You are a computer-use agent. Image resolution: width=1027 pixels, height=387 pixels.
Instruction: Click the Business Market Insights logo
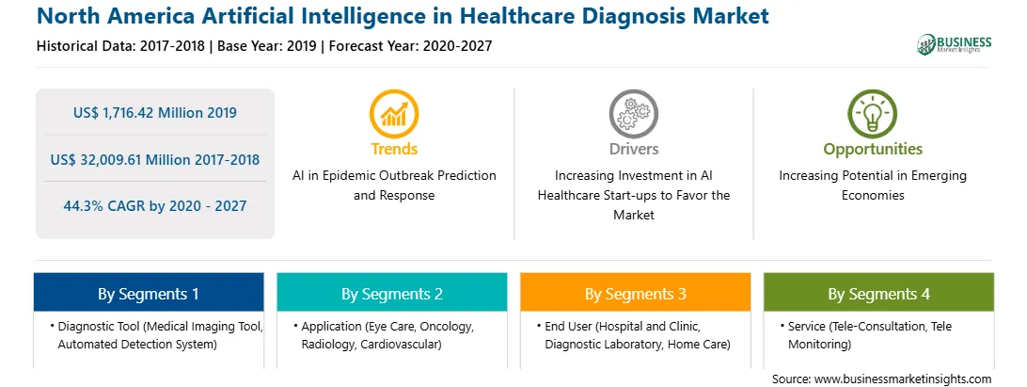[x=954, y=44]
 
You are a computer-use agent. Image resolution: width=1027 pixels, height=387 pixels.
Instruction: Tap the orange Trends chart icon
[x=394, y=114]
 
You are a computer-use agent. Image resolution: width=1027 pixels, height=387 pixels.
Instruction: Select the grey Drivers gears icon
[x=633, y=114]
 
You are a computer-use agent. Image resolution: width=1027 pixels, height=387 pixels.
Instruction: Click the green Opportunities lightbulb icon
[x=873, y=114]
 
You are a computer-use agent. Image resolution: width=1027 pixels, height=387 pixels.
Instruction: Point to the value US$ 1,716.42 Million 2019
[x=155, y=113]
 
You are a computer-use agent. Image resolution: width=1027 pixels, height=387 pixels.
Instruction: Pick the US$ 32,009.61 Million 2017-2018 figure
[x=155, y=159]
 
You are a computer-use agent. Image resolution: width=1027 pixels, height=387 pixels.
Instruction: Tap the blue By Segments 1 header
[x=149, y=293]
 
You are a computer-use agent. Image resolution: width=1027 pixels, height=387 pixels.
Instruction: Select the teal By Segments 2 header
[x=391, y=293]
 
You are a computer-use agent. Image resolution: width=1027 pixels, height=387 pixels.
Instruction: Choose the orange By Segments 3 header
[x=636, y=293]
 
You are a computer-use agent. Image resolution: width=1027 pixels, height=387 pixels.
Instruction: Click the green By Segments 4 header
[x=879, y=293]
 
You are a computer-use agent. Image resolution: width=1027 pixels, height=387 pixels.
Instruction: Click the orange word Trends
[x=394, y=149]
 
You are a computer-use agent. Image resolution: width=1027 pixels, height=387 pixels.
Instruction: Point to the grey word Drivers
[x=634, y=149]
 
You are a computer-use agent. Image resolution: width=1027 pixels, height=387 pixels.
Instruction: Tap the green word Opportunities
[x=873, y=150]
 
